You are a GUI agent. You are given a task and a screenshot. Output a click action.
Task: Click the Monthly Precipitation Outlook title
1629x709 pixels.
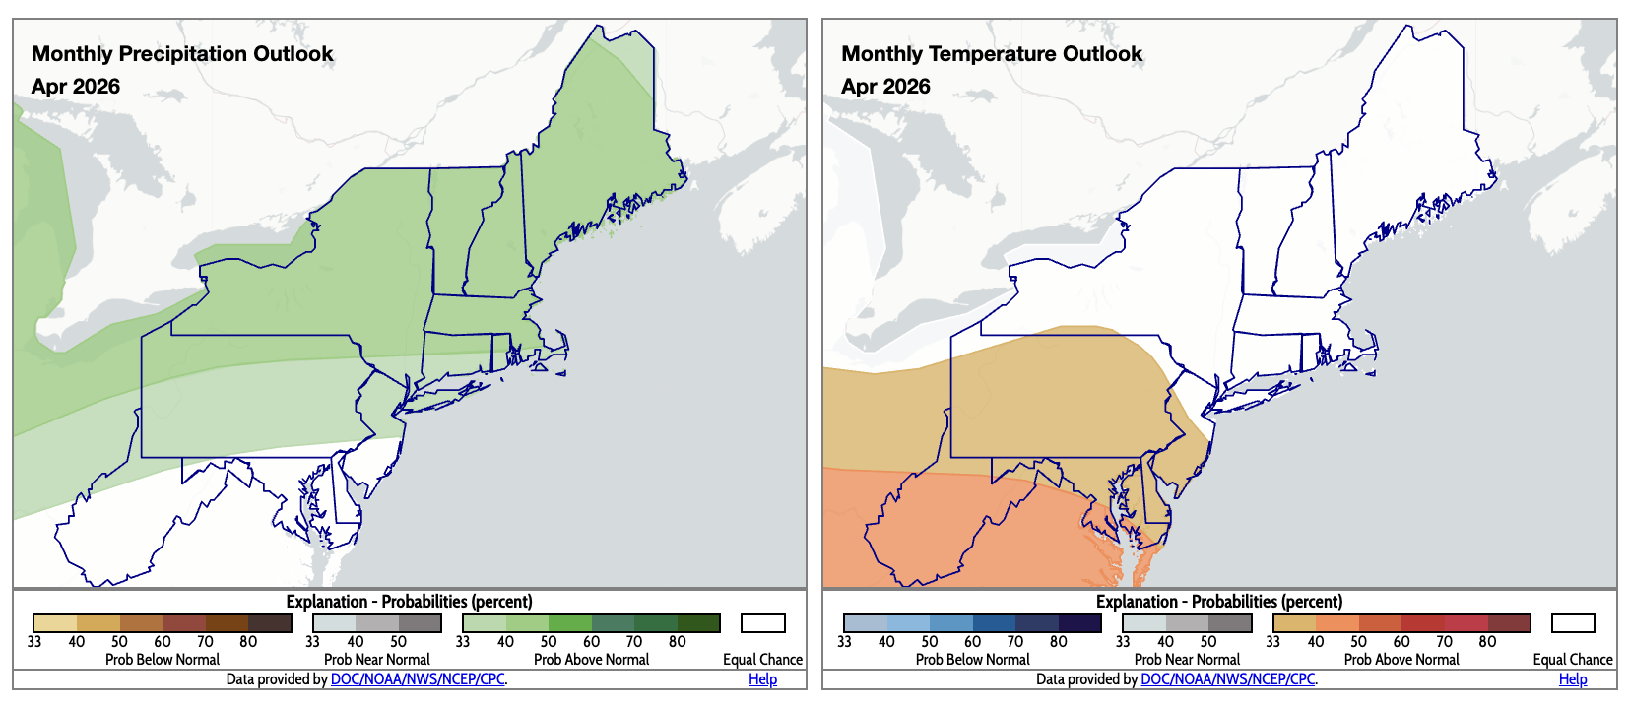pyautogui.click(x=182, y=54)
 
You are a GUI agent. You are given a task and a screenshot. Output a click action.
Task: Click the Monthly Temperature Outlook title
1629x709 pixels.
pyautogui.click(x=992, y=54)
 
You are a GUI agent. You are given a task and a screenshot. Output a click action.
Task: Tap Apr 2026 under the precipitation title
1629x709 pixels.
pyautogui.click(x=76, y=87)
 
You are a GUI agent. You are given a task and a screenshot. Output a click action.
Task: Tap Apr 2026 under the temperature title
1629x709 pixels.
pyautogui.click(x=885, y=87)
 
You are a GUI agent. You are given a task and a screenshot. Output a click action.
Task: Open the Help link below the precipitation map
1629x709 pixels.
pyautogui.click(x=762, y=679)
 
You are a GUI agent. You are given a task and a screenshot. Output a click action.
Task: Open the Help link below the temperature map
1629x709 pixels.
pyautogui.click(x=1573, y=679)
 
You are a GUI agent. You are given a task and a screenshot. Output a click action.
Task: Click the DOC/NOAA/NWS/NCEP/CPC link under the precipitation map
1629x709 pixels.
pyautogui.click(x=418, y=679)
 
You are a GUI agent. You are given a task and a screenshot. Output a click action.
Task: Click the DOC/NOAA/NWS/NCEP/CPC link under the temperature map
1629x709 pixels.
pyautogui.click(x=1228, y=679)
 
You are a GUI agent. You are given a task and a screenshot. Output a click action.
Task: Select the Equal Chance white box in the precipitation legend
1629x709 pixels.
pyautogui.click(x=763, y=623)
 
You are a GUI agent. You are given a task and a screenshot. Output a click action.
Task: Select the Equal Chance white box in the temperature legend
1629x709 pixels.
pyautogui.click(x=1573, y=623)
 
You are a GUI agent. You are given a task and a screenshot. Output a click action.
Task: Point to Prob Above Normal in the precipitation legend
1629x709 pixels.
pyautogui.click(x=591, y=660)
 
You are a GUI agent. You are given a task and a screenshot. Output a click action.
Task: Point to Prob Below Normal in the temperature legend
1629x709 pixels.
pyautogui.click(x=972, y=660)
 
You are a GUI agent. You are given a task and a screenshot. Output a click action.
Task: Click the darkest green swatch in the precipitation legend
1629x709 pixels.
pyautogui.click(x=698, y=623)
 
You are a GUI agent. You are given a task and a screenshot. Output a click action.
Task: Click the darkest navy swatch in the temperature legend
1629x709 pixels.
pyautogui.click(x=1079, y=623)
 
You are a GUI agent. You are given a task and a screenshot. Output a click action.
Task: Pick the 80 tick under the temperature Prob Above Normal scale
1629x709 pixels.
pyautogui.click(x=1487, y=642)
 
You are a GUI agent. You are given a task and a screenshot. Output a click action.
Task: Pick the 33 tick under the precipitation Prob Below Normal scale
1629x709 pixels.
pyautogui.click(x=34, y=642)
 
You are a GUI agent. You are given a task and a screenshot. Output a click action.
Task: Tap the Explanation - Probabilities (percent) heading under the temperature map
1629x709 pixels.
pyautogui.click(x=1219, y=602)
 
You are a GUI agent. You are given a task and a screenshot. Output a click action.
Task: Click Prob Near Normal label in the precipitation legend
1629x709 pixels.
pyautogui.click(x=376, y=660)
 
